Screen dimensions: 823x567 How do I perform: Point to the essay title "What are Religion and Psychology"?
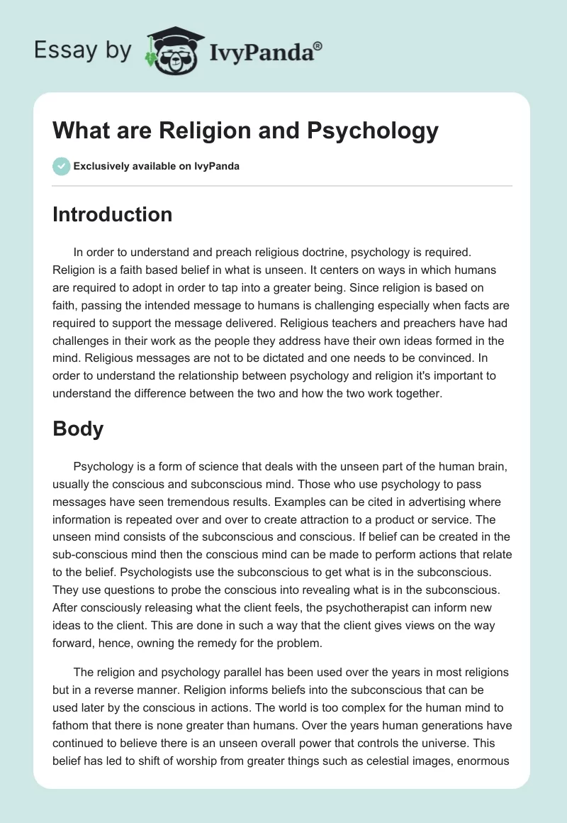tap(245, 131)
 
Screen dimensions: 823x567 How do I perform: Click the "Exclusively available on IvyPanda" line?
tap(156, 166)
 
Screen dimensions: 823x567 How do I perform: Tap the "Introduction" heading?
tap(112, 214)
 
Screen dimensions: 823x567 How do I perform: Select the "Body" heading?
tap(78, 429)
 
